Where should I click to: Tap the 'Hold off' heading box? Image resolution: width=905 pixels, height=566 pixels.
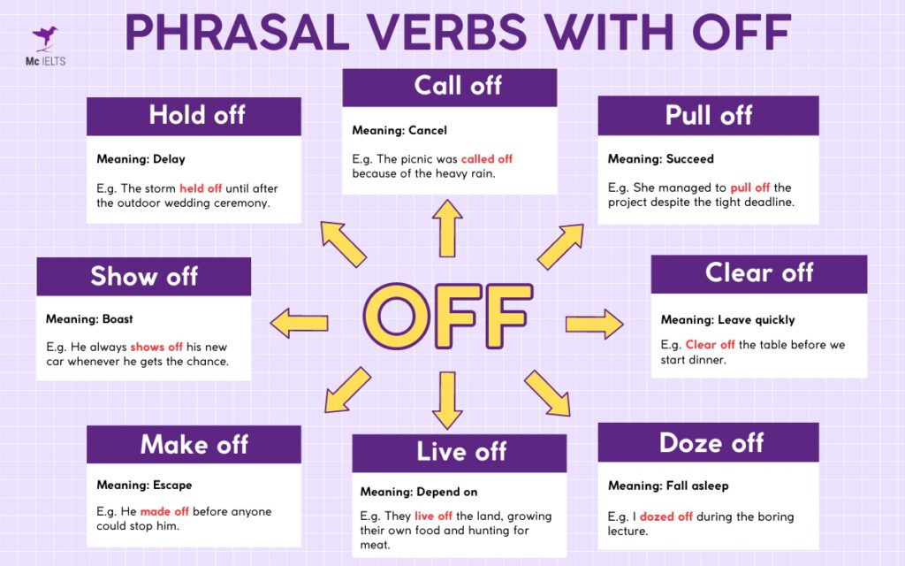pyautogui.click(x=194, y=115)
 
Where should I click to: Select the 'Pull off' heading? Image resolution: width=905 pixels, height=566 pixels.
pyautogui.click(x=708, y=115)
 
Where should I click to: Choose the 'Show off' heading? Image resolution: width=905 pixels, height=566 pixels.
pyautogui.click(x=143, y=276)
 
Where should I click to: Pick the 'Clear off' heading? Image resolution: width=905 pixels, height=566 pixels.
pyautogui.click(x=758, y=273)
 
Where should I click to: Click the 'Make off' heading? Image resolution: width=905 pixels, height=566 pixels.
pyautogui.click(x=194, y=444)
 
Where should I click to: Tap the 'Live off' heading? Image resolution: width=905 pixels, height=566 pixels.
pyautogui.click(x=460, y=452)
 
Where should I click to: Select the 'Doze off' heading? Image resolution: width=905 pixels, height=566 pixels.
pyautogui.click(x=709, y=442)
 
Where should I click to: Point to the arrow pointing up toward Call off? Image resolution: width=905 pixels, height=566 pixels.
pyautogui.click(x=448, y=227)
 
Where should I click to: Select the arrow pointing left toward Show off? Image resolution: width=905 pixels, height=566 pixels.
pyautogui.click(x=300, y=323)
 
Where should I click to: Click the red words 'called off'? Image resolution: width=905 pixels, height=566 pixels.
pyautogui.click(x=486, y=159)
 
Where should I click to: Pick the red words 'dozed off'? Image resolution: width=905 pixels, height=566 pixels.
pyautogui.click(x=666, y=516)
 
